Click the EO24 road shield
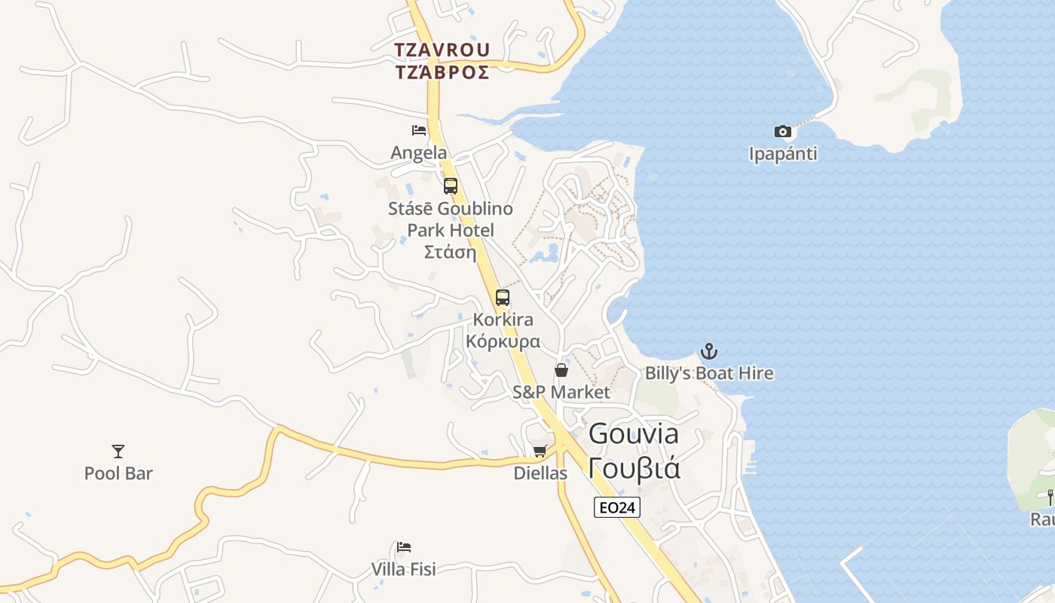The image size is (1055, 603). click(617, 508)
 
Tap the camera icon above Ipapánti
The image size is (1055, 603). click(783, 132)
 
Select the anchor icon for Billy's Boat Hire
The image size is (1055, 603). click(709, 351)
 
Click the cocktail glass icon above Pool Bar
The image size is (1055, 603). click(118, 451)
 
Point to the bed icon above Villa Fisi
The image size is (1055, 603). click(404, 546)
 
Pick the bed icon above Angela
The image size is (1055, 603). click(419, 130)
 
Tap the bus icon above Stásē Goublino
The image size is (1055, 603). click(451, 186)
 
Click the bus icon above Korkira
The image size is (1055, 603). click(503, 298)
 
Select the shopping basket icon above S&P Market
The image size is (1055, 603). click(561, 370)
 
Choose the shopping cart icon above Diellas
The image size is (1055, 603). click(540, 451)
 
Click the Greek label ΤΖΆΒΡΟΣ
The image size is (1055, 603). click(442, 72)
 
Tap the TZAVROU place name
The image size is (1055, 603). click(442, 50)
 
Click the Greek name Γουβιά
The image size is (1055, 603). click(635, 468)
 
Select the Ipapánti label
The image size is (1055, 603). click(783, 154)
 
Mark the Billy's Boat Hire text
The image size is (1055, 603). click(709, 373)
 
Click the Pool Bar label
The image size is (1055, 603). click(118, 473)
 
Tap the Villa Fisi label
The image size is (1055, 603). click(404, 568)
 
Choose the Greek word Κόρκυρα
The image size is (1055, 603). click(503, 341)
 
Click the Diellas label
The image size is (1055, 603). click(540, 473)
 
